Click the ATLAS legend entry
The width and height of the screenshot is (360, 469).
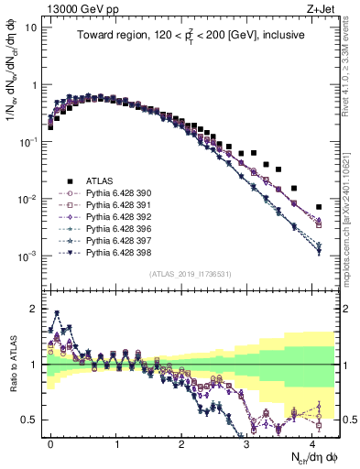(98, 180)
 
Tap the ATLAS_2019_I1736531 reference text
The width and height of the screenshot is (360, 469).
(190, 273)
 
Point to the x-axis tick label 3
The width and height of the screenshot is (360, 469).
(246, 442)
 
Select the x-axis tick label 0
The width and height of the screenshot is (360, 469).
(50, 442)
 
